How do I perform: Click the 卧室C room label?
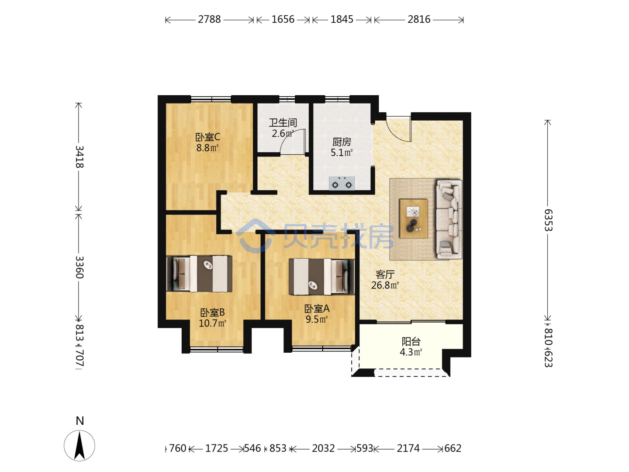[207, 137]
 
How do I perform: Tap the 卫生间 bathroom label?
[283, 123]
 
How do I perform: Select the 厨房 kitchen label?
[342, 142]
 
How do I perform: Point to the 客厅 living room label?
[385, 274]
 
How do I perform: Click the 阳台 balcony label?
[411, 341]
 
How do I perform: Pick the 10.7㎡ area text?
[213, 323]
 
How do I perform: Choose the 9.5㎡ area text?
[317, 319]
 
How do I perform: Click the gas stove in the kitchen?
[342, 184]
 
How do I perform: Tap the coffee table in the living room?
[414, 219]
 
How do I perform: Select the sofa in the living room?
[449, 219]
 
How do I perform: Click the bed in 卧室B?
[200, 274]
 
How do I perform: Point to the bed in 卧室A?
[321, 277]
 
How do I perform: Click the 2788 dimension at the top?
[209, 20]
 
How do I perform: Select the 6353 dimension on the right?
[548, 220]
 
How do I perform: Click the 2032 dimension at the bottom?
[323, 448]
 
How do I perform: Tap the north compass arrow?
[79, 446]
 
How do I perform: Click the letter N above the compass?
[80, 421]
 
